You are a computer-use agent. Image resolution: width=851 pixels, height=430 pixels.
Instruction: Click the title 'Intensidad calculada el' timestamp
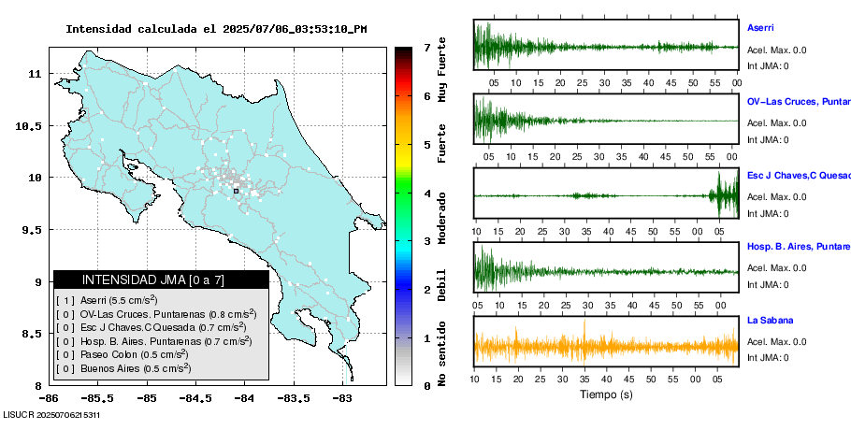click(216, 29)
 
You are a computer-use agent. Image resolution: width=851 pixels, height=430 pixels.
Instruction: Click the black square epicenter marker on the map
click(236, 191)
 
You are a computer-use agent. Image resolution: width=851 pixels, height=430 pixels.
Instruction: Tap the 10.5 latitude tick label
click(28, 125)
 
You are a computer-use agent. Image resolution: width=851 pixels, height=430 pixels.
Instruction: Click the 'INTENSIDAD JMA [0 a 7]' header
click(160, 279)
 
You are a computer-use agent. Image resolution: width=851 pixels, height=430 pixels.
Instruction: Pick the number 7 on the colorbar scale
click(426, 47)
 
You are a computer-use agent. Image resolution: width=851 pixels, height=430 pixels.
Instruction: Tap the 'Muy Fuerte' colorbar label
click(442, 72)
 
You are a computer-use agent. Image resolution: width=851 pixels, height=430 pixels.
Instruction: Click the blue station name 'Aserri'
click(760, 28)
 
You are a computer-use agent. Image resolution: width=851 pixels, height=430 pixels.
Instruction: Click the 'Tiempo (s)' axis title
click(606, 394)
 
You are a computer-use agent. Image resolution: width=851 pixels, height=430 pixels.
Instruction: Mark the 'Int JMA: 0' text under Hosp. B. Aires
click(768, 284)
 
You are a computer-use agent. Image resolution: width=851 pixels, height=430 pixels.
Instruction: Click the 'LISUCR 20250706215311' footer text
click(51, 414)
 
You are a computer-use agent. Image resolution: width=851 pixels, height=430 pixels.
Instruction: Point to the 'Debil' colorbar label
click(442, 284)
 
